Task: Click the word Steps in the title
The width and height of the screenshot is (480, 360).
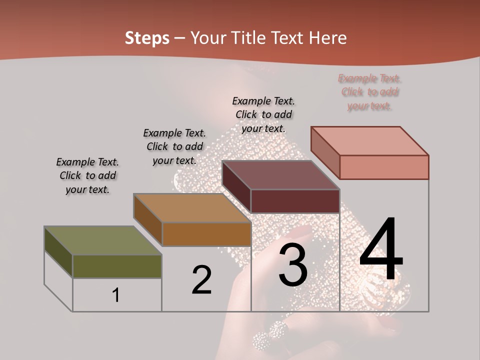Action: point(147,38)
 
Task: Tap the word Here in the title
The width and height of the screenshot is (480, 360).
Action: point(327,38)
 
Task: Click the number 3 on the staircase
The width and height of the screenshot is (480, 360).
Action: point(293,265)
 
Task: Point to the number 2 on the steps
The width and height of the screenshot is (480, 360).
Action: point(201,280)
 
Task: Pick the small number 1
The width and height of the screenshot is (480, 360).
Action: point(116,295)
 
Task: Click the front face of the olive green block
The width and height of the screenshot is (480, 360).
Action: point(117,266)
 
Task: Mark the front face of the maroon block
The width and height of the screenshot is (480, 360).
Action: point(295,201)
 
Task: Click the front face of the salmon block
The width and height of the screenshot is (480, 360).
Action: point(384,167)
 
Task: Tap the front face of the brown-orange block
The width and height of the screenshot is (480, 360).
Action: point(206,234)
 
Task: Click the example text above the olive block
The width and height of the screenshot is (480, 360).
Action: point(87,175)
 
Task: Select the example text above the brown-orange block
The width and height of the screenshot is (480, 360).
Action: point(174,146)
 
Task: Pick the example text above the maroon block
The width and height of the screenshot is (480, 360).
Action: point(263,114)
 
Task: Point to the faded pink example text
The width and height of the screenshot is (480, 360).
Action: point(370,92)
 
